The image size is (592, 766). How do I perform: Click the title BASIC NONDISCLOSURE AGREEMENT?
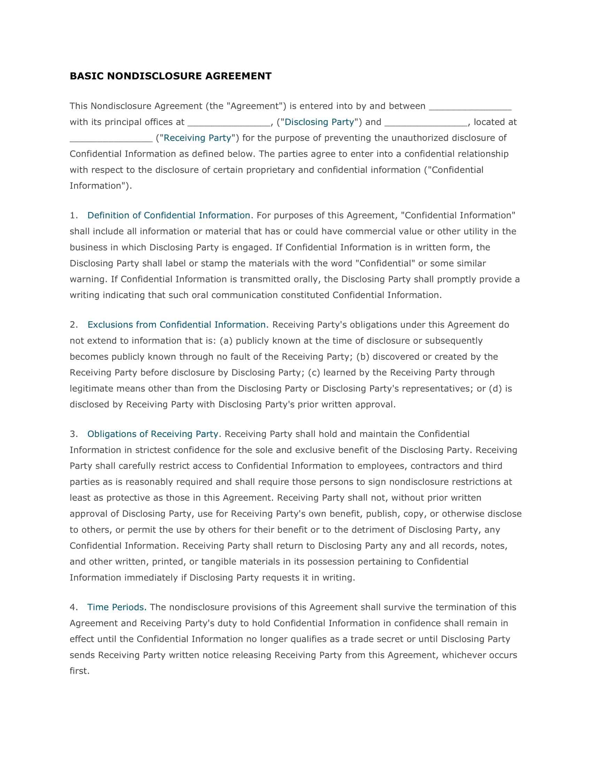(x=170, y=76)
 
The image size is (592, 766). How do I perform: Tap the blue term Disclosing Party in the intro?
(x=319, y=122)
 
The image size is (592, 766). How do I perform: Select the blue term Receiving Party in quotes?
(x=197, y=138)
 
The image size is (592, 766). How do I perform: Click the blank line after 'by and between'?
(x=470, y=107)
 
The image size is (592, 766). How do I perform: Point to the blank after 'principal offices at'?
(x=229, y=123)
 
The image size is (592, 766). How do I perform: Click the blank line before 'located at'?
(x=426, y=123)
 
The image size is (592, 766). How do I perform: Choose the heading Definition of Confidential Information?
(x=169, y=215)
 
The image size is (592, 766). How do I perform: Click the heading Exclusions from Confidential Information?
(x=177, y=325)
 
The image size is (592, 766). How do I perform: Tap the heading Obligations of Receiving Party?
(x=153, y=434)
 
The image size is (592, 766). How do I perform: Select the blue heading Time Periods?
(x=116, y=607)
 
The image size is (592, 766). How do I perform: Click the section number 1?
(x=73, y=215)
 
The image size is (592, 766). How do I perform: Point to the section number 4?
(x=73, y=607)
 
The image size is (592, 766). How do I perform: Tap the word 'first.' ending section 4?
(x=80, y=671)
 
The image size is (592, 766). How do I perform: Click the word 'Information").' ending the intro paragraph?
(x=101, y=186)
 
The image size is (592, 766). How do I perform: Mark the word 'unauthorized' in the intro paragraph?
(x=420, y=138)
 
